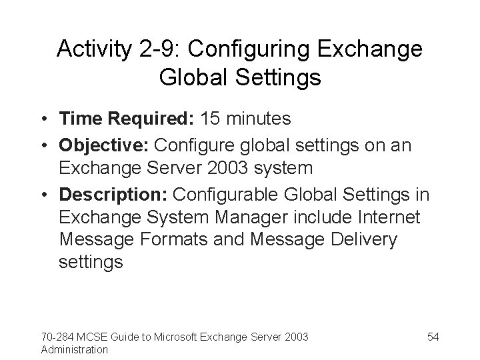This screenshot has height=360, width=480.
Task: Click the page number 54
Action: point(433,337)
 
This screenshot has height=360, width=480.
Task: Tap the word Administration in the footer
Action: point(74,349)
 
